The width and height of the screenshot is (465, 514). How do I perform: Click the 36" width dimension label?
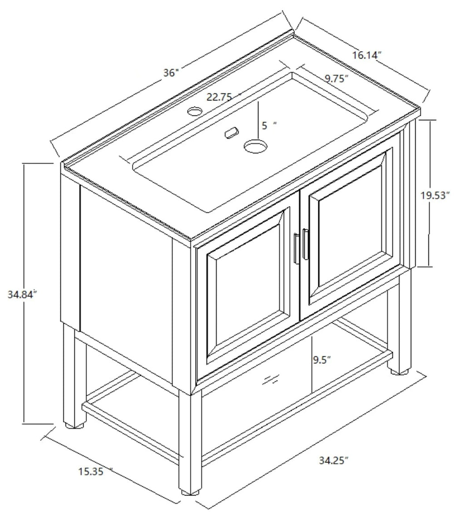172,73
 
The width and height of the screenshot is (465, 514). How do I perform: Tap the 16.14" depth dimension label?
366,55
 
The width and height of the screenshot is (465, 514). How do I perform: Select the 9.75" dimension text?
336,78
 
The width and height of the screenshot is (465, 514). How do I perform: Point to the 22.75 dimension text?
220,97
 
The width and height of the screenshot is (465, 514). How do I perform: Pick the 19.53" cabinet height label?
435,196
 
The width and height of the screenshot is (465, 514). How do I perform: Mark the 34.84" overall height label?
22,294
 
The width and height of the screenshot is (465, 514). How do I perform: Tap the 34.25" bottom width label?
334,460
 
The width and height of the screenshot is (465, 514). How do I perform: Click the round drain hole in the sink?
255,146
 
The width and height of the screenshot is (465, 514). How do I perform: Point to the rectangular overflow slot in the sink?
231,132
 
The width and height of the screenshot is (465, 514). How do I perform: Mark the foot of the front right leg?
399,371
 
